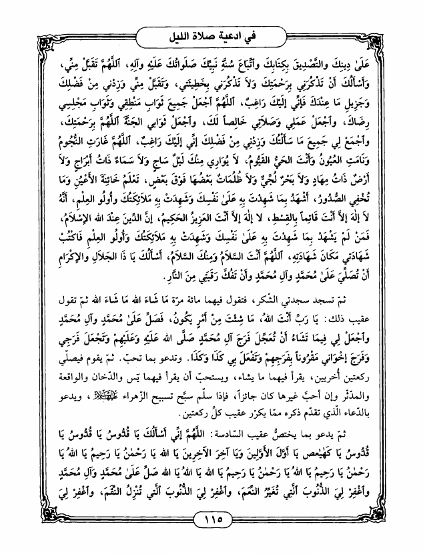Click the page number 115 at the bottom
tap(211, 520)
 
